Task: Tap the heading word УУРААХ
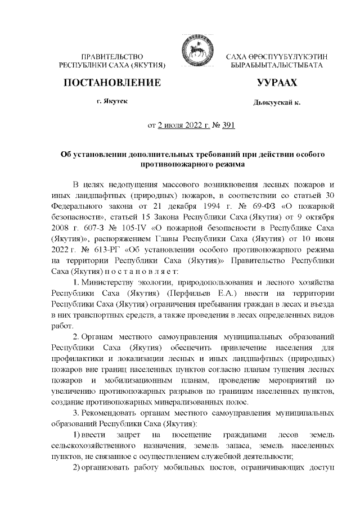coord(277,83)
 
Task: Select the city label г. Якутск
coord(112,102)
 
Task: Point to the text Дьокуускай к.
coord(277,103)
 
